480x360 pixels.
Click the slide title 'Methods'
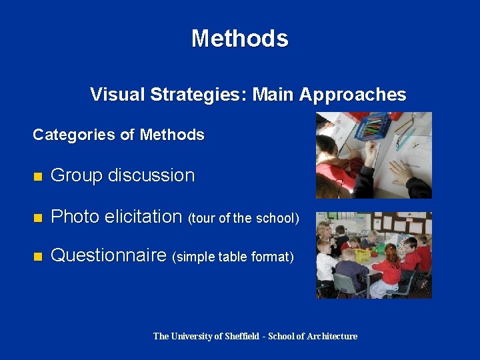click(239, 38)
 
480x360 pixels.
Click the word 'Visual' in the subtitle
click(118, 95)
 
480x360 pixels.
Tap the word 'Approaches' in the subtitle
click(353, 95)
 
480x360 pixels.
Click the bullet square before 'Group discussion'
click(38, 177)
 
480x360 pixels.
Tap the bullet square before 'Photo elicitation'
click(38, 217)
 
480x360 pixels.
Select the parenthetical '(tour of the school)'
click(243, 218)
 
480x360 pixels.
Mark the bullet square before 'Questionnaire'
click(38, 256)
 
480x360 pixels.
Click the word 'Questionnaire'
click(109, 255)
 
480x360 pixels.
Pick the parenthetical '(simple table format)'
click(233, 257)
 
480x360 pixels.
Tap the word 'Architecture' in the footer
click(332, 336)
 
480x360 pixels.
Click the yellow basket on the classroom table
click(363, 254)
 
